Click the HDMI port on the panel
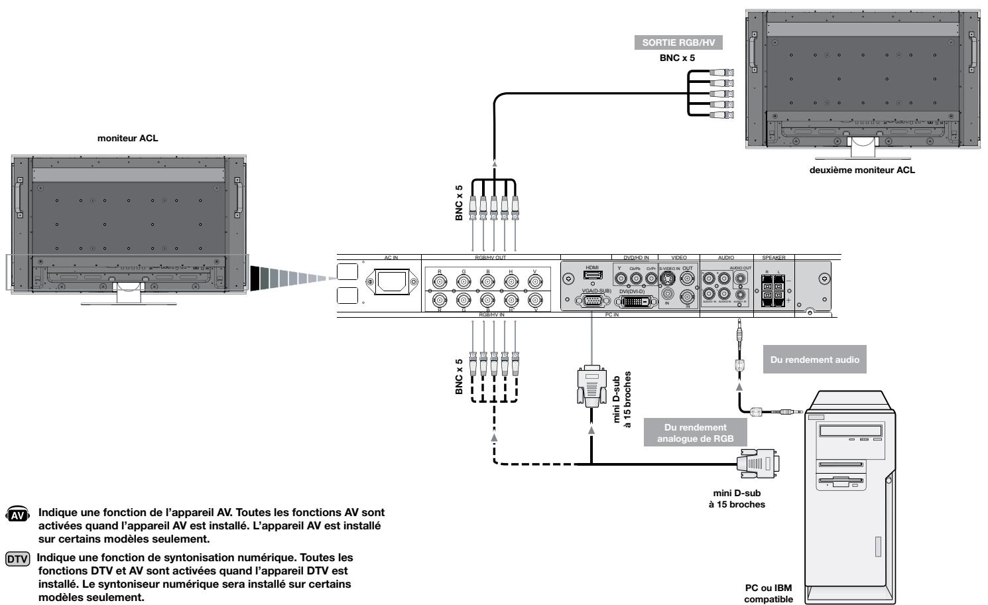tap(592, 275)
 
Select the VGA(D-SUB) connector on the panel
tap(593, 301)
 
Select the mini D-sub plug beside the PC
tap(757, 463)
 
